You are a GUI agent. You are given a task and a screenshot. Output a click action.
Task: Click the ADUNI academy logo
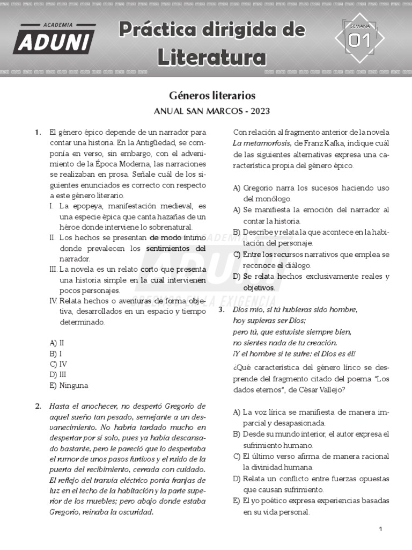[54, 39]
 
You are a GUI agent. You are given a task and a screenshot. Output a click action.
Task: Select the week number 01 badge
[359, 40]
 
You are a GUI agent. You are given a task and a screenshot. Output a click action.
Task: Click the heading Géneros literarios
[212, 96]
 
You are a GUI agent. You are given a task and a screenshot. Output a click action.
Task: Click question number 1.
[38, 132]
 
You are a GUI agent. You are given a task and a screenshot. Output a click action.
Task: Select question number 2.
[38, 406]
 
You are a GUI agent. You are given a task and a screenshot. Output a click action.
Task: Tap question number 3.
[221, 310]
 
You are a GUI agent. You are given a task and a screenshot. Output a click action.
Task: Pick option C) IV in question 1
[58, 364]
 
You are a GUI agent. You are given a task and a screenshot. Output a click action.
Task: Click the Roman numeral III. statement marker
[53, 269]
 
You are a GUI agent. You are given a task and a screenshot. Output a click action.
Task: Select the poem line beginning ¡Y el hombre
[294, 353]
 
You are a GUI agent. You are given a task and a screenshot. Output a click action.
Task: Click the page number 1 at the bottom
[380, 529]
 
